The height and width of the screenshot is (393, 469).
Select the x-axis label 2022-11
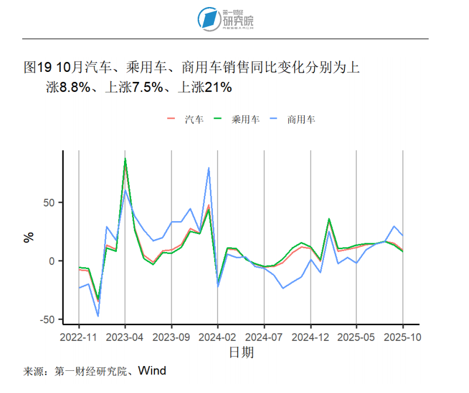pos(79,337)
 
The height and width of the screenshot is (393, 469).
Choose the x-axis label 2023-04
pos(125,337)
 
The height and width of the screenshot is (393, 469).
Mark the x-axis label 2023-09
pos(171,337)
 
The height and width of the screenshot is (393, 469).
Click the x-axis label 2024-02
pos(218,337)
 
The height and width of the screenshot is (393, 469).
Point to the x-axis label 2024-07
pos(264,337)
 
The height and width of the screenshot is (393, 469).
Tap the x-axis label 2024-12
pos(311,337)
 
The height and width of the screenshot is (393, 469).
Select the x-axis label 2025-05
pos(357,337)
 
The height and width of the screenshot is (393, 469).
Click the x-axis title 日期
pos(241,353)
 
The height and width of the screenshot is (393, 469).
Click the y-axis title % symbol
pos(29,237)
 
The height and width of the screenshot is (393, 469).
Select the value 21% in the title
pos(218,88)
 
